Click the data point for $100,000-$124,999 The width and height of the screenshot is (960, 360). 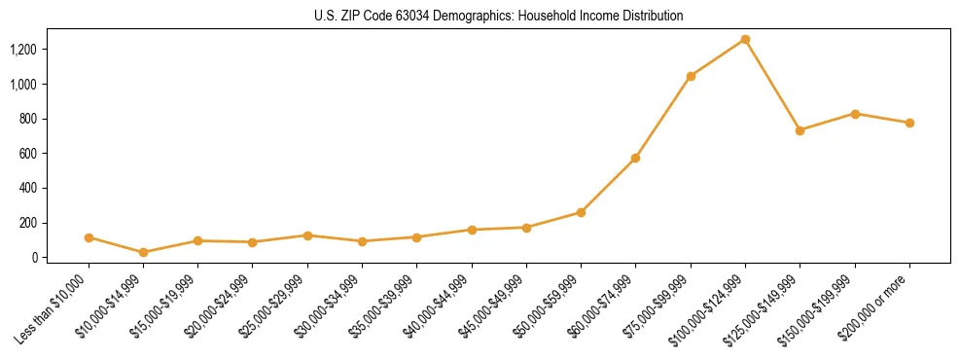[745, 39]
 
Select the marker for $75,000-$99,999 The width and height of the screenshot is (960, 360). [691, 76]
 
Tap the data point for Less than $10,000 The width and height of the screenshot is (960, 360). [89, 237]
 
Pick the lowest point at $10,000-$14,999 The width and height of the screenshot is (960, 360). [144, 252]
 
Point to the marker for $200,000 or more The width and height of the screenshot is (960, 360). [909, 123]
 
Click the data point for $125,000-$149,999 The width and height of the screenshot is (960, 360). [800, 130]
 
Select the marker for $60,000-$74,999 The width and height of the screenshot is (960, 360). [635, 158]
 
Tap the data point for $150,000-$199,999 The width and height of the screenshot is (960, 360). [855, 114]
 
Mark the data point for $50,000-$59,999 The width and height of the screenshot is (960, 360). [581, 212]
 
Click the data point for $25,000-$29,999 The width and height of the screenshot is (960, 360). [307, 235]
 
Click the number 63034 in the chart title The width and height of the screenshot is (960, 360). [414, 17]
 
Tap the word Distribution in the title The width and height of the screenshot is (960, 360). [651, 17]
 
